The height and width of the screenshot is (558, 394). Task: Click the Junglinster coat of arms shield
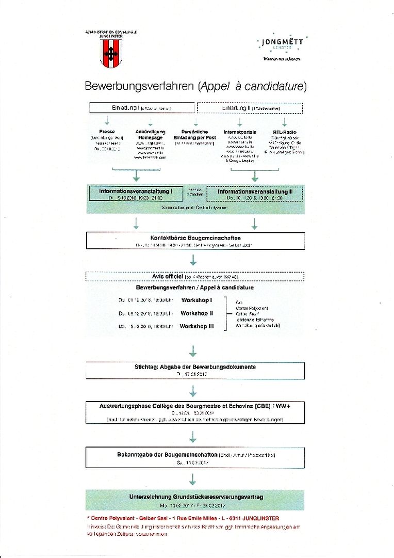(x=111, y=52)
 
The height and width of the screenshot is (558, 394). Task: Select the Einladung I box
(x=142, y=108)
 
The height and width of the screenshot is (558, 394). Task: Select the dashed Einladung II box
(x=250, y=108)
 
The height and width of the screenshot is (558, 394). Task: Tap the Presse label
(x=107, y=132)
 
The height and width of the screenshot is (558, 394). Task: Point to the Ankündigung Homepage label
(x=150, y=134)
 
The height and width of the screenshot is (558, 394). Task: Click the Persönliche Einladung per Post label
(x=194, y=134)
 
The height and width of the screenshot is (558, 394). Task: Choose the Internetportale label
(x=239, y=132)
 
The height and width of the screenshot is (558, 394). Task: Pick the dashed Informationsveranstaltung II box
(x=254, y=194)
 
